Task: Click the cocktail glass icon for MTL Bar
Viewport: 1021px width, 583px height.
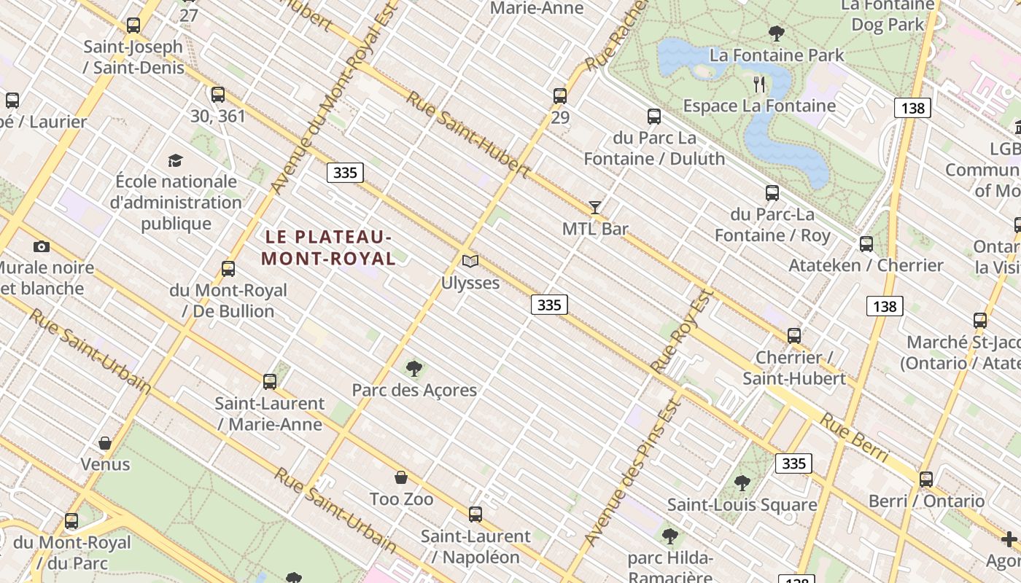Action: pyautogui.click(x=595, y=208)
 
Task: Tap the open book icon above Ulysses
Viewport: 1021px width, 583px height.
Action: pyautogui.click(x=470, y=261)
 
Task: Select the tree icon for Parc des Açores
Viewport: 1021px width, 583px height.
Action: pyautogui.click(x=414, y=369)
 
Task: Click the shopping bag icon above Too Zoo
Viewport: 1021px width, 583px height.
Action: pyautogui.click(x=401, y=478)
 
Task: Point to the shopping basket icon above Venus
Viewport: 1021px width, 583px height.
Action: pyautogui.click(x=105, y=443)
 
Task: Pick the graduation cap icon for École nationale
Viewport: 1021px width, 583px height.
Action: pyautogui.click(x=175, y=160)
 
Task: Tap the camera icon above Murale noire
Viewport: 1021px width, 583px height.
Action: pyautogui.click(x=42, y=246)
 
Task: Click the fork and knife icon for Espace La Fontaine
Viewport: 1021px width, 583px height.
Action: pyautogui.click(x=759, y=85)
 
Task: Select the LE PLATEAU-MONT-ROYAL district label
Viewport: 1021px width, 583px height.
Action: pyautogui.click(x=328, y=248)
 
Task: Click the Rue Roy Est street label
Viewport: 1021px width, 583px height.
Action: pyautogui.click(x=681, y=332)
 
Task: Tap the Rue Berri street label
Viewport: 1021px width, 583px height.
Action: pyautogui.click(x=854, y=438)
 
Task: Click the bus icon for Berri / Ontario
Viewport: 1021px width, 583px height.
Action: pyautogui.click(x=926, y=480)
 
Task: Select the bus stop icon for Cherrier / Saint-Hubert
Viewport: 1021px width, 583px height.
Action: pyautogui.click(x=794, y=336)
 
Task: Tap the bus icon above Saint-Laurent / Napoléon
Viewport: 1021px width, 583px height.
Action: pyautogui.click(x=475, y=514)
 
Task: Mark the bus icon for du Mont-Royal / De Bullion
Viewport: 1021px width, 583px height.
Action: pyautogui.click(x=228, y=269)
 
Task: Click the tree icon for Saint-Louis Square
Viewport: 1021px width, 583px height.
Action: pyautogui.click(x=742, y=483)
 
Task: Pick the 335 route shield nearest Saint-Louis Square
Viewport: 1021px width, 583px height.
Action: pyautogui.click(x=793, y=463)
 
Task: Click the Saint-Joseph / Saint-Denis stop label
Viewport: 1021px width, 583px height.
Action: pyautogui.click(x=133, y=47)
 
